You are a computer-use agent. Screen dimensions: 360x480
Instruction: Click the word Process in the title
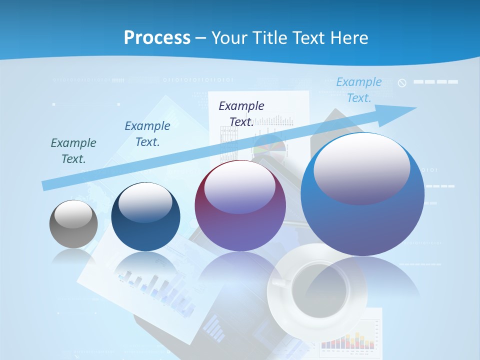157,37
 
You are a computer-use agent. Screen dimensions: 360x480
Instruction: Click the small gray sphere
73,224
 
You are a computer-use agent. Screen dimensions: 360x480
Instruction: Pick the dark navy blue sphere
145,217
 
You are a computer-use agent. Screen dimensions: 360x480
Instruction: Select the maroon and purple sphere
240,206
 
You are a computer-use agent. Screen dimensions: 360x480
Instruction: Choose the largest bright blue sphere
362,195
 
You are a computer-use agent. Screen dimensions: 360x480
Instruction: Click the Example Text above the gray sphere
73,151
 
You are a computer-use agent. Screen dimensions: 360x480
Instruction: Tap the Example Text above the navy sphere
147,134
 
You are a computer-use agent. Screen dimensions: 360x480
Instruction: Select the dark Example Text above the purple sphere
241,114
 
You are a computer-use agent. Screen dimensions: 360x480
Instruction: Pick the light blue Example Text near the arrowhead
359,90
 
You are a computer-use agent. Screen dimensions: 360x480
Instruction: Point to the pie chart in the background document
270,148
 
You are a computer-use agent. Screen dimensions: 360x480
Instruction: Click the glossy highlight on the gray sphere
73,214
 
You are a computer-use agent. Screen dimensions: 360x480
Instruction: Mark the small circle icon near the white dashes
402,83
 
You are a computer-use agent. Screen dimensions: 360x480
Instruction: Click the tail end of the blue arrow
45,185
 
